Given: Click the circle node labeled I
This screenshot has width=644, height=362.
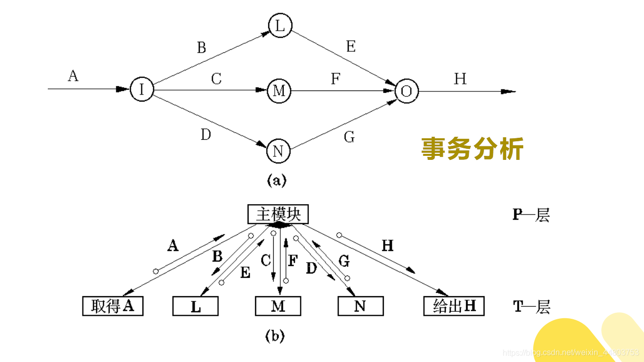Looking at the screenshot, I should click(142, 89).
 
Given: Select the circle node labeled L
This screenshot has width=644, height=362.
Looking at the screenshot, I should click(280, 26).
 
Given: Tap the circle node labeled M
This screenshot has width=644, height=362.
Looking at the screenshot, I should click(279, 91).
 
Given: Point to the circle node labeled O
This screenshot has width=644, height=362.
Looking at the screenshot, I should click(407, 91).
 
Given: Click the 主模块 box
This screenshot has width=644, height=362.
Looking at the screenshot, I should click(278, 215).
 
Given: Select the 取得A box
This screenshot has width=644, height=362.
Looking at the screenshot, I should click(113, 306).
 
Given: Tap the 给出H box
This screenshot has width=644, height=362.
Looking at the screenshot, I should click(454, 306).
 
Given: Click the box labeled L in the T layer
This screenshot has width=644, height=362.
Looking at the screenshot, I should click(195, 306).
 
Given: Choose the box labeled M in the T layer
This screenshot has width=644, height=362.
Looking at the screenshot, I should click(278, 306).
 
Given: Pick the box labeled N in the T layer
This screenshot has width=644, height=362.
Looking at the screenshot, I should click(360, 306).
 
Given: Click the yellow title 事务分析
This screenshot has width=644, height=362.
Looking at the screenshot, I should click(472, 149).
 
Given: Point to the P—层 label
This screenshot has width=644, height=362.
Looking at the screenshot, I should click(531, 215).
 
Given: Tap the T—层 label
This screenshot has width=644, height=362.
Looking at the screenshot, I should click(531, 306).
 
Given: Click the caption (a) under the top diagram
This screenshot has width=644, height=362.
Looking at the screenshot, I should click(276, 180).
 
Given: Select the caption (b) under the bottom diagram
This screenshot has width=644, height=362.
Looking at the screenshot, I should click(275, 336).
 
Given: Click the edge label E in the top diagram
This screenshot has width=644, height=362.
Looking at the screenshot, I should click(351, 47).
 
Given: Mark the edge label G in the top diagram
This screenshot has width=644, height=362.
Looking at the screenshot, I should click(349, 137).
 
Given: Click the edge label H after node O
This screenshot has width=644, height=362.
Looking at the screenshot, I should click(460, 79).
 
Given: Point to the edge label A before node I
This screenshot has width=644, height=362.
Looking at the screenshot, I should click(73, 76).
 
